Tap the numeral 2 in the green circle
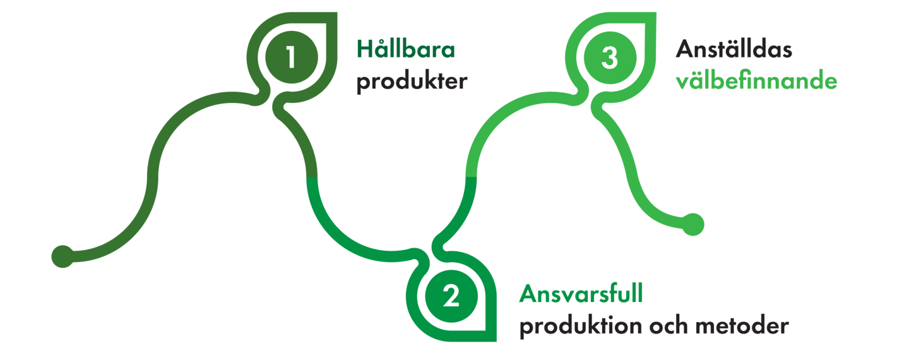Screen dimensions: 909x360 coord(451,296)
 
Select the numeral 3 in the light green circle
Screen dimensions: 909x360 coord(610,57)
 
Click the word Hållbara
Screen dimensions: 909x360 coord(406,49)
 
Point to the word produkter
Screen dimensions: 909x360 coord(412,82)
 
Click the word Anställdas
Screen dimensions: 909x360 coord(734,49)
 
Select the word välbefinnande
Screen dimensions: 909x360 coord(756,80)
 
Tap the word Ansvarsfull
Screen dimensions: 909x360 coord(581,294)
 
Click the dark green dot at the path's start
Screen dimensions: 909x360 coord(62,256)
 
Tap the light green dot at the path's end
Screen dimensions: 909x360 coord(692,224)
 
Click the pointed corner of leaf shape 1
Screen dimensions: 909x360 coord(336,13)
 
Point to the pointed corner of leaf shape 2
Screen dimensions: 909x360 coord(496,340)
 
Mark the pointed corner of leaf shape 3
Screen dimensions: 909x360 coord(655,13)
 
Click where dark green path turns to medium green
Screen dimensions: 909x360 coord(312,177)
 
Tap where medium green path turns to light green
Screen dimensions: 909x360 coord(471,177)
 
